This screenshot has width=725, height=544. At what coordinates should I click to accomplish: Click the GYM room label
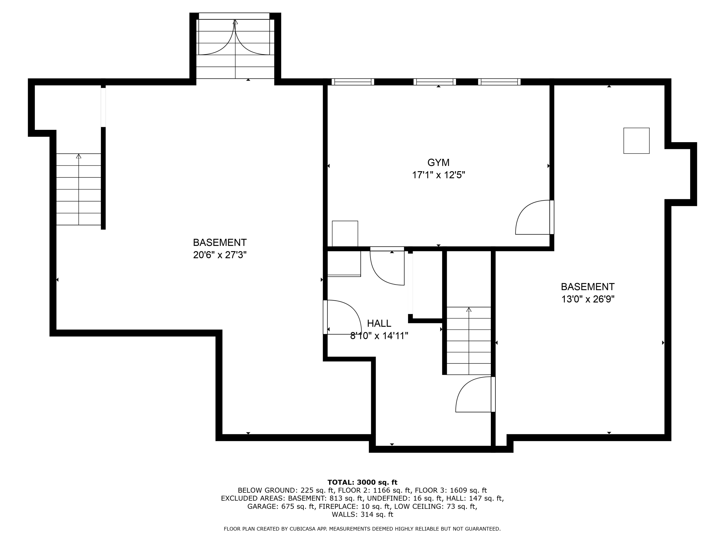click(x=438, y=162)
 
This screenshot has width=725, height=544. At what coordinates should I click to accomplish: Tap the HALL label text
click(x=379, y=323)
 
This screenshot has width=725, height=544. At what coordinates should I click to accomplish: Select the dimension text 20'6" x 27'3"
click(x=220, y=255)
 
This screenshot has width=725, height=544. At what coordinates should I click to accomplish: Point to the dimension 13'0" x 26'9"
click(x=588, y=299)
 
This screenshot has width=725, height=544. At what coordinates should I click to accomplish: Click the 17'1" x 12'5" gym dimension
click(x=438, y=175)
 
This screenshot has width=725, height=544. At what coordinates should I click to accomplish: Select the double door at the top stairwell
click(x=235, y=38)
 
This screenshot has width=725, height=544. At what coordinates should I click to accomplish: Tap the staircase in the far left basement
click(x=78, y=189)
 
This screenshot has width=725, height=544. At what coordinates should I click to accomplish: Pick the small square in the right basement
click(x=636, y=141)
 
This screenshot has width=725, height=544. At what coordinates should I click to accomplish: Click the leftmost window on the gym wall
click(x=353, y=82)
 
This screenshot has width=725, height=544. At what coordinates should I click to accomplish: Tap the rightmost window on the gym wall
click(x=499, y=82)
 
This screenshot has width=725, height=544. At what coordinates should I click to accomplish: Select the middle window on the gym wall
click(x=435, y=82)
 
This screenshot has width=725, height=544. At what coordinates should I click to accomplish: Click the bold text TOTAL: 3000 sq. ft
click(x=362, y=482)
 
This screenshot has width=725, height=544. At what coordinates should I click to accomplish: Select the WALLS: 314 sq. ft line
click(x=362, y=515)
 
